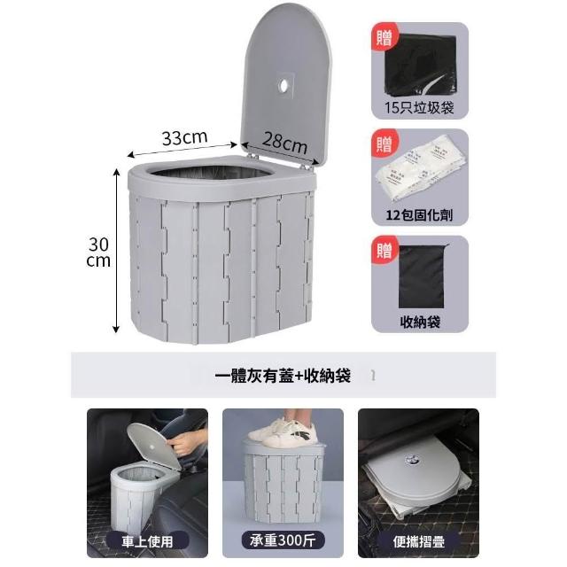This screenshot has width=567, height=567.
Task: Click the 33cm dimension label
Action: coord(185,138)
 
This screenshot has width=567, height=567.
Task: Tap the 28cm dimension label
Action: coord(285,143)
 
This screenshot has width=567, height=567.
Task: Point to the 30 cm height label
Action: coord(98,252)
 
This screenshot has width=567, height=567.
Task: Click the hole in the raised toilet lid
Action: coord(283,86)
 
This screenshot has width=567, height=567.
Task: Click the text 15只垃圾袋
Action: coord(419,108)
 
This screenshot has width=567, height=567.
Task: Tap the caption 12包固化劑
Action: coord(419,215)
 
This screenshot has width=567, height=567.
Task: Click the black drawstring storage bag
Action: coord(423,276)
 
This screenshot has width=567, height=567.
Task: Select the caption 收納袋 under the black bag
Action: coord(420,322)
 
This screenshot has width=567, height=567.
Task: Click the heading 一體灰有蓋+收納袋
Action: coord(283,376)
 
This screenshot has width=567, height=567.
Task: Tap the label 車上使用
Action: coord(147,541)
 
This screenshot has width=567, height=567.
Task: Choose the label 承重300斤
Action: coord(283,540)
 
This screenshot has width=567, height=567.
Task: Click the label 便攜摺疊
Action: coord(419,541)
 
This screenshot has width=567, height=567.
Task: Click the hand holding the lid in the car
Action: coord(183,444)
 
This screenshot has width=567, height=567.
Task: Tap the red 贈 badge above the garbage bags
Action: coord(384,37)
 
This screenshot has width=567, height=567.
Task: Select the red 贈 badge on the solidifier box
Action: coord(384,144)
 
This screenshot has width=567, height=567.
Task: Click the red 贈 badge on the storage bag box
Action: coord(384,250)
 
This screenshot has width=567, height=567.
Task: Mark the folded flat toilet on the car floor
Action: coord(416,478)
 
